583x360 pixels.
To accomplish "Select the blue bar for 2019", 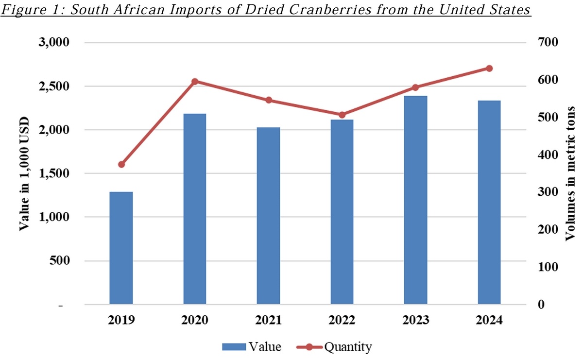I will coord(121,248).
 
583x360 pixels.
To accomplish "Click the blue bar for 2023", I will coord(416,200).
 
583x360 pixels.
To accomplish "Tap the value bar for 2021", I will coord(268,216).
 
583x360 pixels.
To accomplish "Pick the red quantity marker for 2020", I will coord(194,82).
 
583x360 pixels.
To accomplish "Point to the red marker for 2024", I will coord(489,69).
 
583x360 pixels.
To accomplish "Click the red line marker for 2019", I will coord(121,165).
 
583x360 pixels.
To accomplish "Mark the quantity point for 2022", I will coord(342,115).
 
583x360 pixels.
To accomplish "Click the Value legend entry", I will coord(252,347).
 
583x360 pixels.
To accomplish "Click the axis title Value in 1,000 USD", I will coord(24,173).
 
